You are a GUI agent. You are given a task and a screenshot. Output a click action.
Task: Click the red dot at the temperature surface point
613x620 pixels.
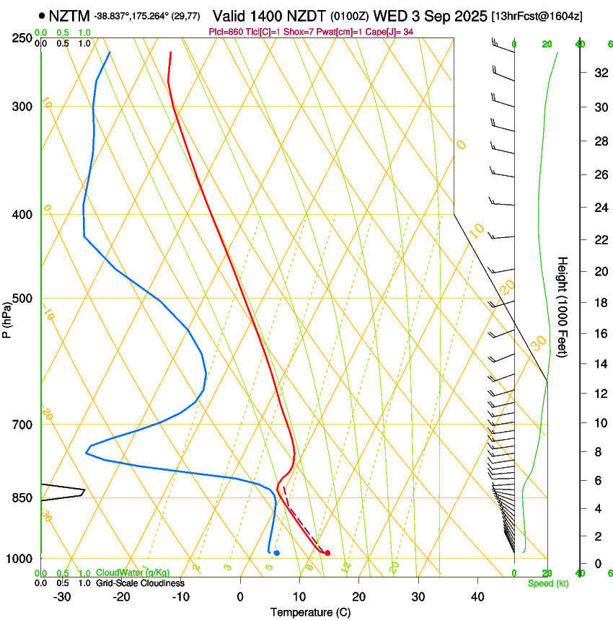[x=327, y=553]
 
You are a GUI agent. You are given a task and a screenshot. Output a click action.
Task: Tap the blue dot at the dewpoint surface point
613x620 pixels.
[x=277, y=553]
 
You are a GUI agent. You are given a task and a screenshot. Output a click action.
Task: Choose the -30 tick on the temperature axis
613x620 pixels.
[x=62, y=596]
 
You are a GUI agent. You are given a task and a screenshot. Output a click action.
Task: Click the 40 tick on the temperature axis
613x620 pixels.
[x=477, y=596]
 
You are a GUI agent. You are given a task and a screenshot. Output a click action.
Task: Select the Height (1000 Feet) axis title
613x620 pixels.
[x=563, y=306]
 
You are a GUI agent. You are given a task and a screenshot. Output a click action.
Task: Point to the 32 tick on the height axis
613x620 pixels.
[x=598, y=72]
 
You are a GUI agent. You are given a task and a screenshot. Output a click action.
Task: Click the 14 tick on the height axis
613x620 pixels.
[x=598, y=364]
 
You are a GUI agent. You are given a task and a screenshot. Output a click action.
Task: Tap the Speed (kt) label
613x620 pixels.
[x=547, y=583]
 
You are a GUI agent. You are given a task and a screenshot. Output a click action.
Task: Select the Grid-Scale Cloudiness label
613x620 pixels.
[x=140, y=583]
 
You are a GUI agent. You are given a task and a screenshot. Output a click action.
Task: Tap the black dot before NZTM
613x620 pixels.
[x=43, y=15]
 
